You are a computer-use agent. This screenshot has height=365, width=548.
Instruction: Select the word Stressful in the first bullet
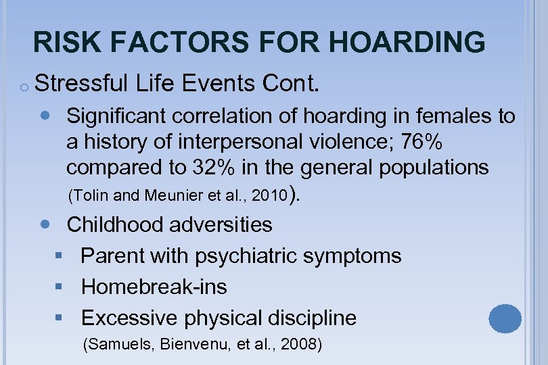point(81,84)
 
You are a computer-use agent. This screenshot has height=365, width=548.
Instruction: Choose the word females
point(451,116)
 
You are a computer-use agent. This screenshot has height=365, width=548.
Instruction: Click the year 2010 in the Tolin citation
point(271,196)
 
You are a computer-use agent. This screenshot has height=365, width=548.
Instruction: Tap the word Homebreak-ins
point(154,287)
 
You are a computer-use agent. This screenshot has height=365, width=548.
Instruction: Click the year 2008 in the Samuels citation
point(299,345)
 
